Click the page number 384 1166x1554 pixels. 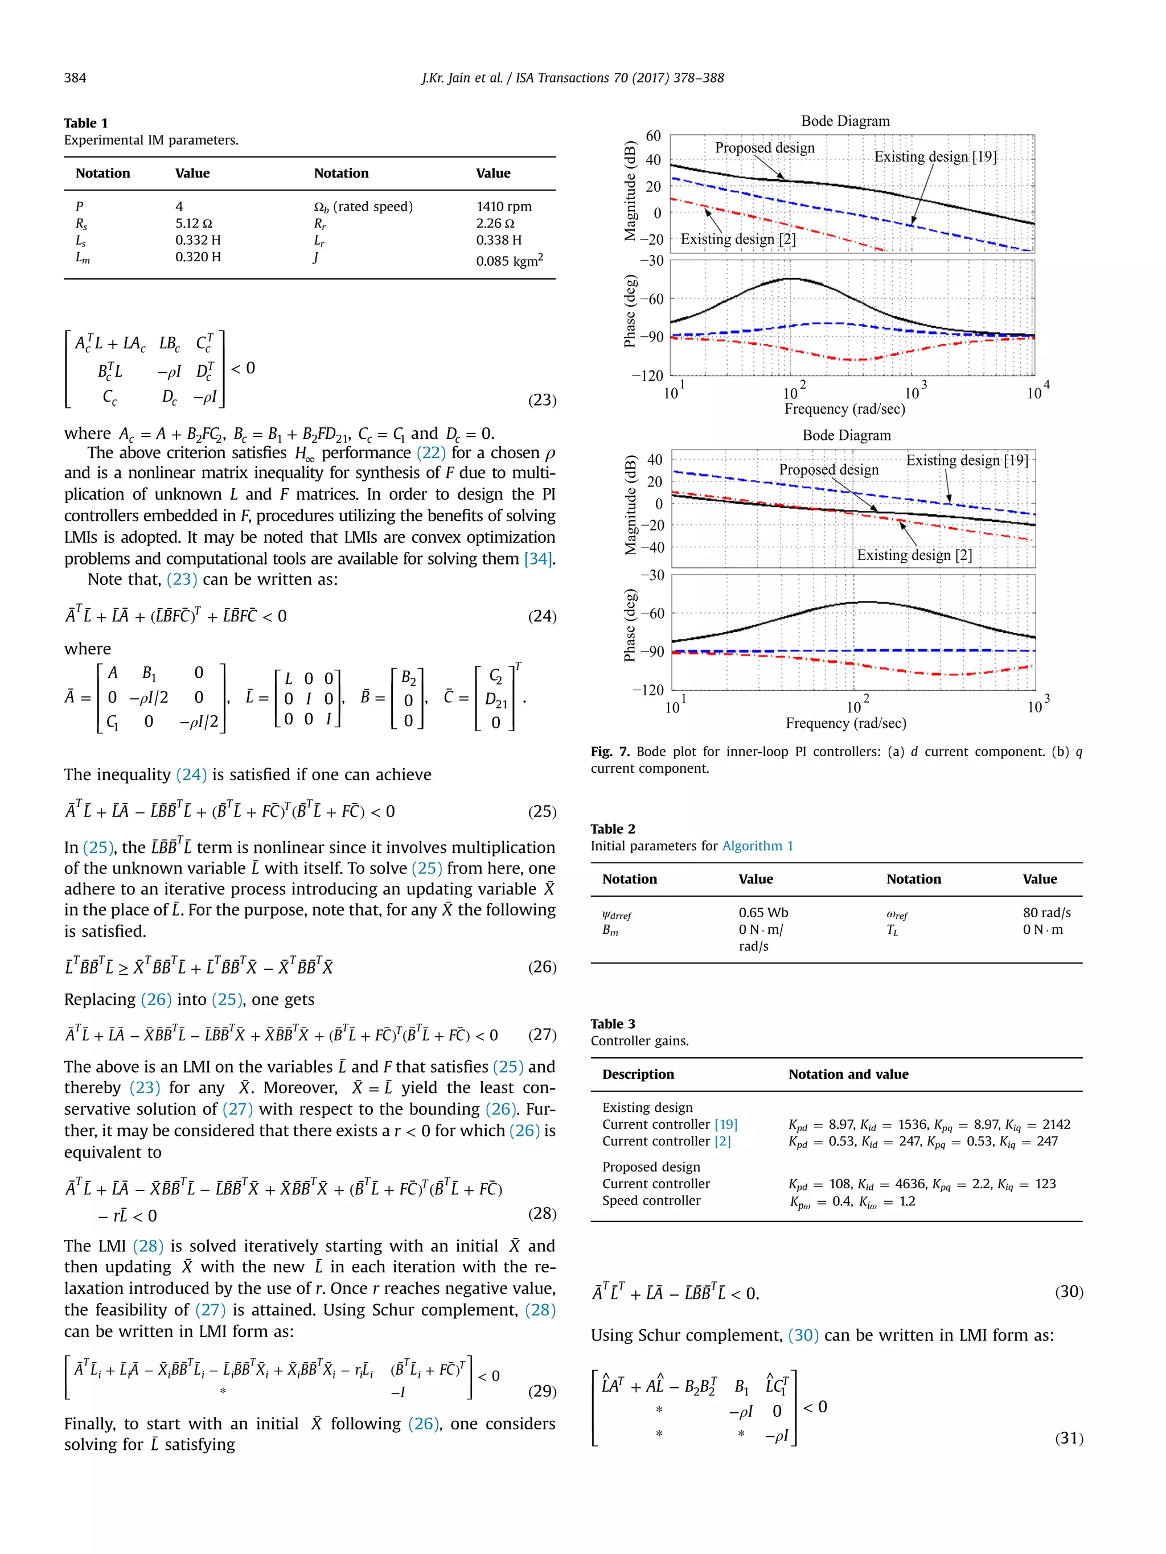point(75,78)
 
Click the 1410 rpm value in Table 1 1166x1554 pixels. point(503,207)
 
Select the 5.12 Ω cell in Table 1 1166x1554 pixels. point(193,224)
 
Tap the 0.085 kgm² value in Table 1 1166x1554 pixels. point(509,261)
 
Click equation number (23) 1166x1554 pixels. point(542,400)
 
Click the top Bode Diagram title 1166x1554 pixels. point(845,121)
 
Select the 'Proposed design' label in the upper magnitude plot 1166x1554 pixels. point(765,147)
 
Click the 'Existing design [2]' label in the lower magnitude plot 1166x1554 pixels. point(914,555)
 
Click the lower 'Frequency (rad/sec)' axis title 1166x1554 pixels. point(845,723)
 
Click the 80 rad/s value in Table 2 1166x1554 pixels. point(1046,913)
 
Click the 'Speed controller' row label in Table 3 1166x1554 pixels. point(651,1201)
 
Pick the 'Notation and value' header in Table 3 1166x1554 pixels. point(848,1074)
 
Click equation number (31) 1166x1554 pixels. point(1068,1438)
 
